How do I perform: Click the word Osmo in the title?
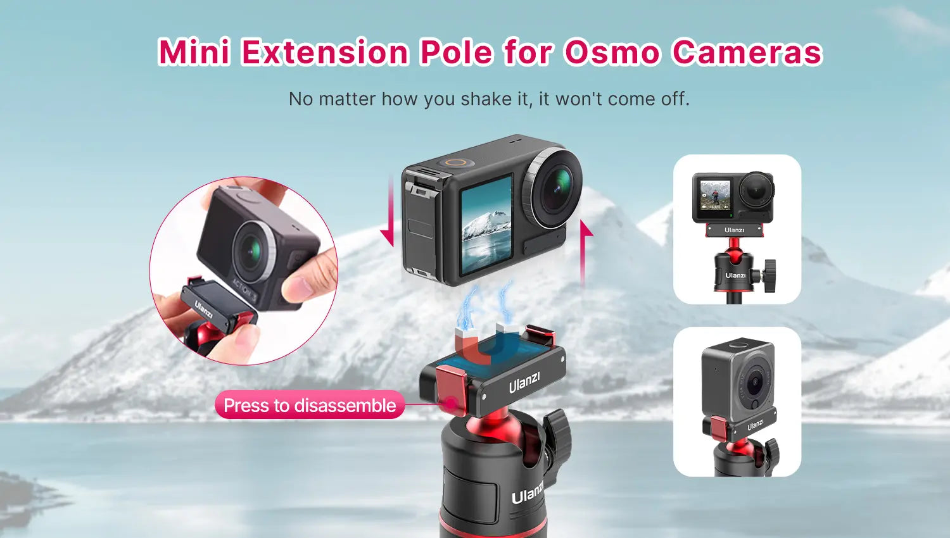612,52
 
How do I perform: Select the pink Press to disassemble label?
310,405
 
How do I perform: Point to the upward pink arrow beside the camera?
585,254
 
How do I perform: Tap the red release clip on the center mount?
451,389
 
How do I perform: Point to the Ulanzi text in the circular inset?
203,310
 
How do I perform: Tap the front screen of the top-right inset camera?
716,195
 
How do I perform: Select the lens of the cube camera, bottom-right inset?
755,381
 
